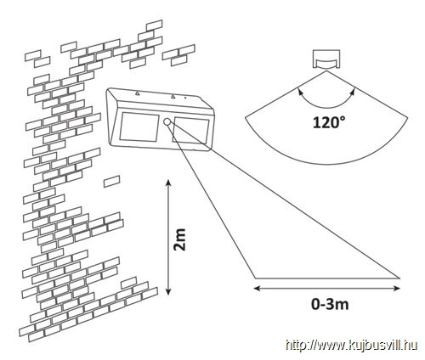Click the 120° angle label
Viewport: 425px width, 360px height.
tap(329, 123)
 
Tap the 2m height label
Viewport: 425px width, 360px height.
tap(179, 239)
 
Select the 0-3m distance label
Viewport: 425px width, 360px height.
tap(330, 304)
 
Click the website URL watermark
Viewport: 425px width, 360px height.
tap(352, 346)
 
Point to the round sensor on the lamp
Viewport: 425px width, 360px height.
tap(167, 122)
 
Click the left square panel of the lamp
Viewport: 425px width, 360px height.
tap(139, 127)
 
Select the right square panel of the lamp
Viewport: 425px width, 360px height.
tap(190, 131)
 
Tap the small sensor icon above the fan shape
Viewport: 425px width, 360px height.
tap(326, 59)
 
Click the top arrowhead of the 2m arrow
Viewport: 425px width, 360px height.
tap(168, 183)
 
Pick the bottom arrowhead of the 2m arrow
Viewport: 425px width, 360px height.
tap(168, 291)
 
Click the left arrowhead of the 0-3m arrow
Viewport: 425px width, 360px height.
tap(257, 289)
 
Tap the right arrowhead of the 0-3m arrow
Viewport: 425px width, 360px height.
tap(397, 289)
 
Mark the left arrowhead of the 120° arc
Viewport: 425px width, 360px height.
tap(300, 92)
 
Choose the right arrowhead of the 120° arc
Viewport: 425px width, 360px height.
tap(352, 92)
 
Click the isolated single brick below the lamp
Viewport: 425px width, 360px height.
tap(111, 181)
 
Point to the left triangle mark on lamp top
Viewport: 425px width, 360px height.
tap(137, 93)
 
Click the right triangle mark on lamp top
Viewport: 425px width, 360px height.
tap(173, 97)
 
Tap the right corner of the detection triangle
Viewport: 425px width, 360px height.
tap(399, 278)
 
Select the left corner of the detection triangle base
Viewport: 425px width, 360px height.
tap(255, 278)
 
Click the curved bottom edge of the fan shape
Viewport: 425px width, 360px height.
tap(326, 164)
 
